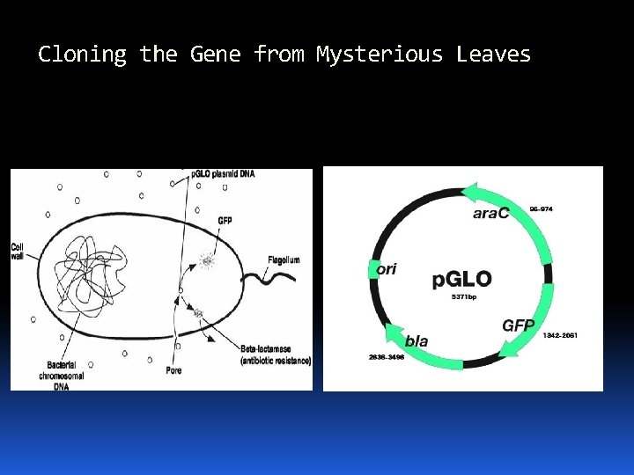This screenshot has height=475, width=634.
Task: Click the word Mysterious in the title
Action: tap(380, 55)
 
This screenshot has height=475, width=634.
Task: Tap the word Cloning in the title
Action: tap(82, 55)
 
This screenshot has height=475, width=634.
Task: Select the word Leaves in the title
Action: tap(493, 55)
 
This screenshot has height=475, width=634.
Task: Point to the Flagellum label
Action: tap(284, 259)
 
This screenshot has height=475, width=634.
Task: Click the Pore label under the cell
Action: tap(174, 370)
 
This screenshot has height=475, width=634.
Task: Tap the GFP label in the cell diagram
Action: tap(225, 219)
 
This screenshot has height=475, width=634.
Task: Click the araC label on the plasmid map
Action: tap(490, 214)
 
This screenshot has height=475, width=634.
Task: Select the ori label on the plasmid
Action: tap(387, 269)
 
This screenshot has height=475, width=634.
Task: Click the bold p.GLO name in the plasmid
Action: tap(461, 280)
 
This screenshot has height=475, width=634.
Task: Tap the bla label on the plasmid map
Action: tap(417, 340)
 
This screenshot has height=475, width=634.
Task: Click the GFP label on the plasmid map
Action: tap(519, 325)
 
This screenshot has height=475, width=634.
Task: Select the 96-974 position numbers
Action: tap(542, 209)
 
